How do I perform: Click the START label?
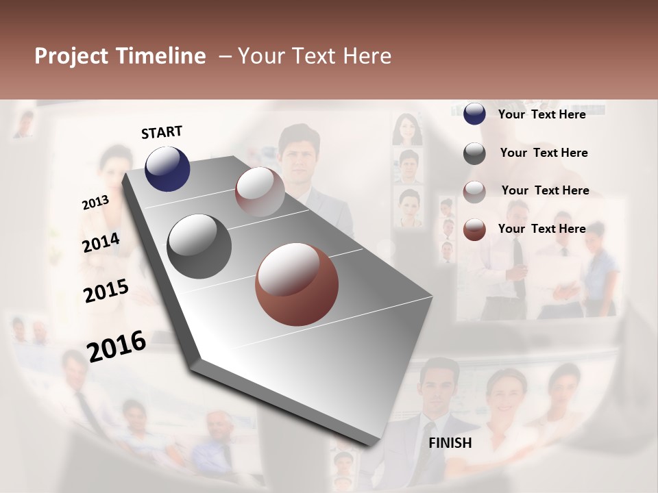(x=162, y=132)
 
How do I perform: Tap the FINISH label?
(x=450, y=443)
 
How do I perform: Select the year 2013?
(x=95, y=203)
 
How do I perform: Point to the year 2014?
(x=101, y=242)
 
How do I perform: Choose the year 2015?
(x=106, y=290)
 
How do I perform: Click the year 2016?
(x=117, y=346)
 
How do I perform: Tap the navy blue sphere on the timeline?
(x=167, y=168)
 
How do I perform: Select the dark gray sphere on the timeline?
(x=199, y=246)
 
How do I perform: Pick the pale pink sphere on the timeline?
(x=260, y=192)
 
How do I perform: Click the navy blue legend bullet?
(x=474, y=114)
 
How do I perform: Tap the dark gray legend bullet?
(x=474, y=153)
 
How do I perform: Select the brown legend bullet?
(x=474, y=229)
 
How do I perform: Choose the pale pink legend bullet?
(x=474, y=192)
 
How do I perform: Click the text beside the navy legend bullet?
(x=541, y=114)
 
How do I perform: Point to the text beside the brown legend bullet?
(x=541, y=229)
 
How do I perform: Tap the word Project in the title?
(x=71, y=56)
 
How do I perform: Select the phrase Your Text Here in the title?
(x=315, y=56)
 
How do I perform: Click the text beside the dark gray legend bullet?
(x=544, y=153)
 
